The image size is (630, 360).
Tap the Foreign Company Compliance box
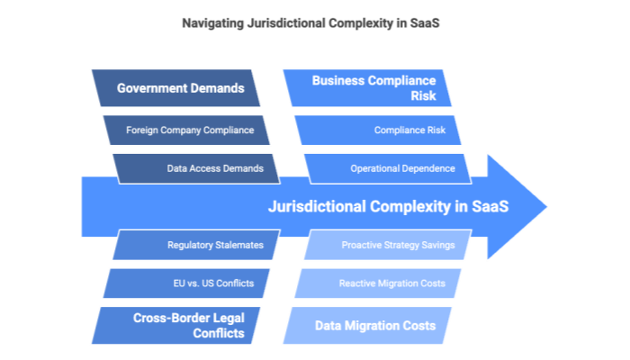click(x=189, y=130)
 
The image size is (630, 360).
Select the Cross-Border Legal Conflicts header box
click(x=180, y=325)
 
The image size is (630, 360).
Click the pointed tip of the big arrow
click(x=546, y=207)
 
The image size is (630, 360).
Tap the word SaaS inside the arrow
click(x=490, y=207)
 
